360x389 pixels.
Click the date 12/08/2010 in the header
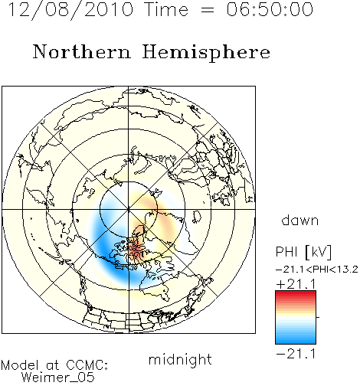click(70, 10)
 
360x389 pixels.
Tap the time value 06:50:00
click(270, 9)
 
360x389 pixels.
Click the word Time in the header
click(166, 9)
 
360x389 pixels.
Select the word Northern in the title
click(81, 51)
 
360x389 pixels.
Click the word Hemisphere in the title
click(206, 52)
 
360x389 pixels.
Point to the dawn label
click(299, 220)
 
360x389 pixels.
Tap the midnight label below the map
click(180, 359)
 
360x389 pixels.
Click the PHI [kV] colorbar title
click(303, 252)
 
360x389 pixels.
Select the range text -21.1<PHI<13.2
click(317, 270)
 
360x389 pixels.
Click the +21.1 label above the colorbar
click(296, 284)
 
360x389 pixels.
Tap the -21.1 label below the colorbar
click(296, 355)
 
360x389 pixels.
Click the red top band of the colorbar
click(296, 294)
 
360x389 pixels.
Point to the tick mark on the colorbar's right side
click(318, 317)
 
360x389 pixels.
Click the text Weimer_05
click(58, 378)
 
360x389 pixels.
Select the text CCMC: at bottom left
click(87, 365)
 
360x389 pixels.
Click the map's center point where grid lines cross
click(129, 210)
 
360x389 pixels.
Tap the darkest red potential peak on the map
click(135, 247)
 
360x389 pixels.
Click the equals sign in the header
click(208, 10)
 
